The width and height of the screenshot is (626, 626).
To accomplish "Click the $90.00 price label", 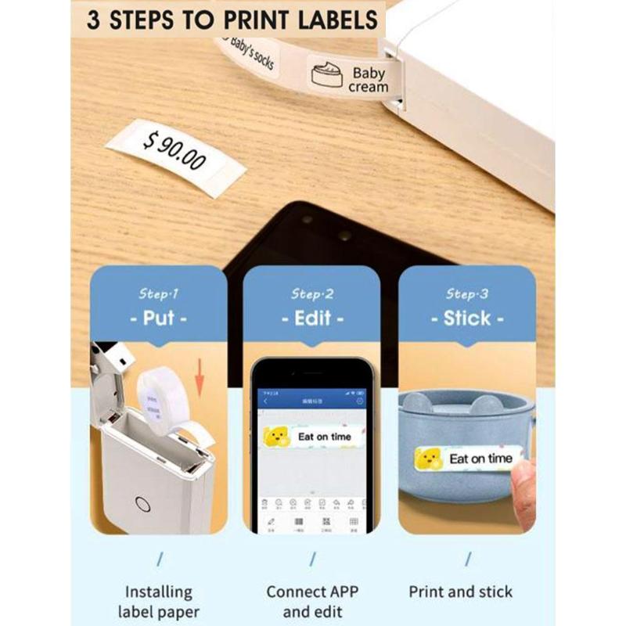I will point(174,153).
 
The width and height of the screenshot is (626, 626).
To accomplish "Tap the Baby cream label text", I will point(368,80).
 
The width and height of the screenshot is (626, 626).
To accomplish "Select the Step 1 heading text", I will point(158,294).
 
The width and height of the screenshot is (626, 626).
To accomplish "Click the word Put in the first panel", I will point(158,318).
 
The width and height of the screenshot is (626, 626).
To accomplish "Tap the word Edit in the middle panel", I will point(311,318).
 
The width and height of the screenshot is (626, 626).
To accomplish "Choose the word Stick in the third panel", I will point(467,318).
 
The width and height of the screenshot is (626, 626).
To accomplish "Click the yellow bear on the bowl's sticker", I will point(430,459).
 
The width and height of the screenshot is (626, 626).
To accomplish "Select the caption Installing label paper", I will point(158,602).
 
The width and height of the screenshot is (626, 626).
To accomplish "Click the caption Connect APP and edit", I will point(311,602).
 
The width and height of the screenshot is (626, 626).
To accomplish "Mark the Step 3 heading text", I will point(467,294).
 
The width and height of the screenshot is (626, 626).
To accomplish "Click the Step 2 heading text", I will point(311,294).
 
